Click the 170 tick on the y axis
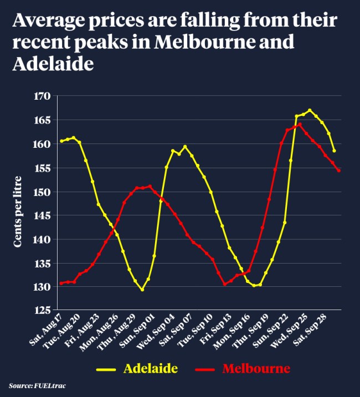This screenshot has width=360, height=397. click(x=43, y=96)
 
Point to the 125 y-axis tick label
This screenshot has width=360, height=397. click(x=43, y=311)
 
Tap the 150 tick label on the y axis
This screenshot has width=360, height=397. click(x=43, y=192)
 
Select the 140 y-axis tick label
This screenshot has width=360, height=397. click(x=43, y=240)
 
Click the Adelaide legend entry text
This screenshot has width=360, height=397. click(x=150, y=368)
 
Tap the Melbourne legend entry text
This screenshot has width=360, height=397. click(x=256, y=368)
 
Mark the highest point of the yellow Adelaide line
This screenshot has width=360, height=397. click(x=310, y=110)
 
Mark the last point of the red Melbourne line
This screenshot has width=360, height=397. click(x=338, y=171)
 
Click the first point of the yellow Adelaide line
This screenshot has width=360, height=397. click(x=61, y=141)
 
